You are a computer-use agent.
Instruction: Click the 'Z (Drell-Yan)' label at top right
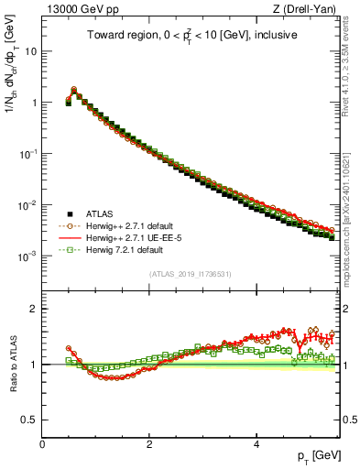click(308, 9)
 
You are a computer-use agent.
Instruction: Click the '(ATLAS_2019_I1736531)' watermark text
click(190, 273)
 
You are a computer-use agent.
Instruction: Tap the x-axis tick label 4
click(256, 442)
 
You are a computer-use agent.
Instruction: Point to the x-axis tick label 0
click(42, 442)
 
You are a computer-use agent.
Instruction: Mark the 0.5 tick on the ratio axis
click(30, 420)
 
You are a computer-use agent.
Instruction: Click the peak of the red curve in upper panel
click(74, 89)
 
